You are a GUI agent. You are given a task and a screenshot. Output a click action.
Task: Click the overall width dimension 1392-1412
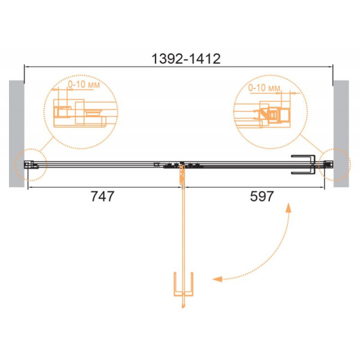(x=186, y=59)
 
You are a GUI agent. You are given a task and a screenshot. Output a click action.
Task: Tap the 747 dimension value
(x=103, y=197)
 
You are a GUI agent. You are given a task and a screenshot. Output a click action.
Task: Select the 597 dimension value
(x=262, y=197)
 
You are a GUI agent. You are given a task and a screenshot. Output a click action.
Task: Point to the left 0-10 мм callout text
(x=84, y=85)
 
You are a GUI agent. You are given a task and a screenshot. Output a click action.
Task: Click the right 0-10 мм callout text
(x=264, y=88)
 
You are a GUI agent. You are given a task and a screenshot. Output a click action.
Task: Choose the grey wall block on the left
(x=17, y=134)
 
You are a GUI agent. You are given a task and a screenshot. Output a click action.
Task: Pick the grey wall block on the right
(x=341, y=134)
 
